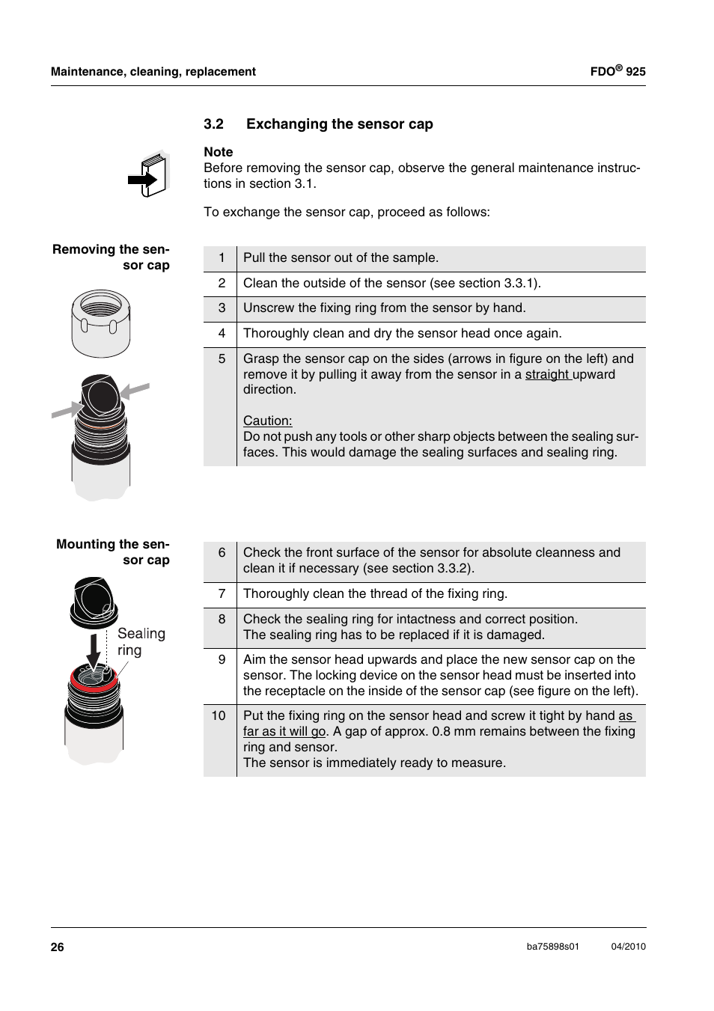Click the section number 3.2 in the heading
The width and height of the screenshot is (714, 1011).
click(213, 124)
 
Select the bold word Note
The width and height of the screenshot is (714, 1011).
click(219, 152)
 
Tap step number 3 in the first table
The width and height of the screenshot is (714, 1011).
click(222, 308)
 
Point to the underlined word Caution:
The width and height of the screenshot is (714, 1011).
click(267, 421)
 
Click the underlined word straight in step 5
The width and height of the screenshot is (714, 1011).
click(547, 374)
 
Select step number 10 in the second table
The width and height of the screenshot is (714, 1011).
click(219, 715)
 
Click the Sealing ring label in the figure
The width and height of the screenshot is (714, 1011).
click(141, 642)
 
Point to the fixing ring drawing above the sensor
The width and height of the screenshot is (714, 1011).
click(100, 323)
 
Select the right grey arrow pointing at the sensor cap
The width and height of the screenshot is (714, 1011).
click(135, 390)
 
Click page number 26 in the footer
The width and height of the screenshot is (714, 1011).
click(58, 947)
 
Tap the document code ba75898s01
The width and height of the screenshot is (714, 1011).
click(552, 947)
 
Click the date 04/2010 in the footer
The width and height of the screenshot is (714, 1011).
click(628, 947)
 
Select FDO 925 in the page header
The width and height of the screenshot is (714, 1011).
click(617, 72)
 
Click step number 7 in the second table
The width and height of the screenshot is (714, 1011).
click(222, 593)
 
